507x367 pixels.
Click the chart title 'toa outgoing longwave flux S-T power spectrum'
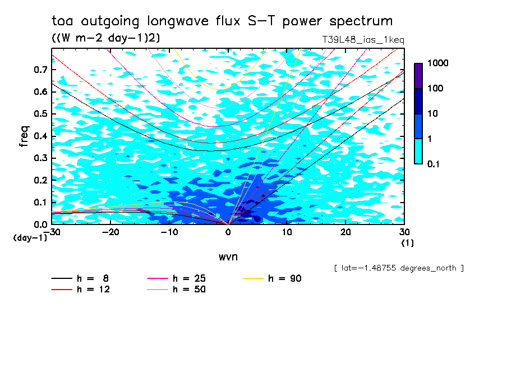pyautogui.click(x=222, y=22)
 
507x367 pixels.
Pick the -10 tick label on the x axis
pyautogui.click(x=169, y=232)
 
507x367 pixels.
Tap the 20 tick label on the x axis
pyautogui.click(x=346, y=232)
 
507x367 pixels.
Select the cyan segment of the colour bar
pyautogui.click(x=418, y=151)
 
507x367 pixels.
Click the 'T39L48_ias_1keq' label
pyautogui.click(x=363, y=40)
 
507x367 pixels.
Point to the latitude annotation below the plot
pyautogui.click(x=399, y=268)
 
